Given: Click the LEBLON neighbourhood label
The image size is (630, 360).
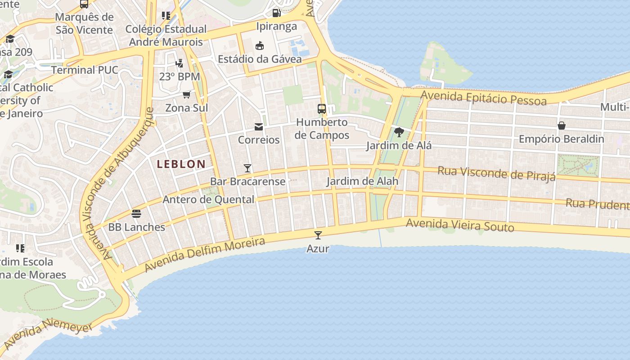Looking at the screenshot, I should point(181,164).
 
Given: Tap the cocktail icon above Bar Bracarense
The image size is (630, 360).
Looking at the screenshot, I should point(247,168).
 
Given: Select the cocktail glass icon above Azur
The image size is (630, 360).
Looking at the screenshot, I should point(318,235).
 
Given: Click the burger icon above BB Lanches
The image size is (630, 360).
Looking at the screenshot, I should point(136,213).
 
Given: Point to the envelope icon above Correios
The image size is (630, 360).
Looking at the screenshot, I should point(259,127).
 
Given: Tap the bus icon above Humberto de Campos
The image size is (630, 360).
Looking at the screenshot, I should point(322,108).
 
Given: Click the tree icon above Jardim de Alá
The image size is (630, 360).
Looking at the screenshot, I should point(399,132).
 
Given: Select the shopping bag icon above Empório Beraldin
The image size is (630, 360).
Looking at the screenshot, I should point(562,126).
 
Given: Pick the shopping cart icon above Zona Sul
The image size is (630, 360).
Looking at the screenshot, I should point(186,94).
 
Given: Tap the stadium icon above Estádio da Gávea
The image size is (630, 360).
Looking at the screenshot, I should point(260,45).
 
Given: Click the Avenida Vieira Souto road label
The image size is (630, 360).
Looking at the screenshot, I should point(460,225).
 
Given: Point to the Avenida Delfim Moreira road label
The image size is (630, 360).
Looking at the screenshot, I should point(205,255).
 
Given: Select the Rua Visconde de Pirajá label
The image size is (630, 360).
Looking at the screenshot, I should point(496,173).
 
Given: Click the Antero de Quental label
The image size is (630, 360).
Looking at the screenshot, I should point(208,199).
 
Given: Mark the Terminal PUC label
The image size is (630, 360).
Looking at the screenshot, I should point(85,70).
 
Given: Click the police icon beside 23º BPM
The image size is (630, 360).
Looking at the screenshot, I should point(180,63).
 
